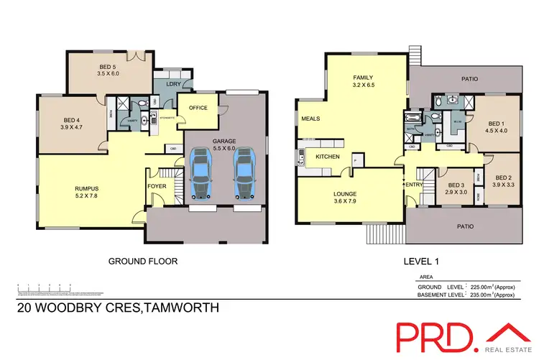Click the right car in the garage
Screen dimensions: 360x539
point(244,173)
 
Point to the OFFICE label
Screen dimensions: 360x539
point(198,109)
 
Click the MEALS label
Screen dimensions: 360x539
point(310,119)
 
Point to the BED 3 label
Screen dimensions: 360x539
point(456,186)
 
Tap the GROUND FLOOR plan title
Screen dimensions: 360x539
point(142,262)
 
